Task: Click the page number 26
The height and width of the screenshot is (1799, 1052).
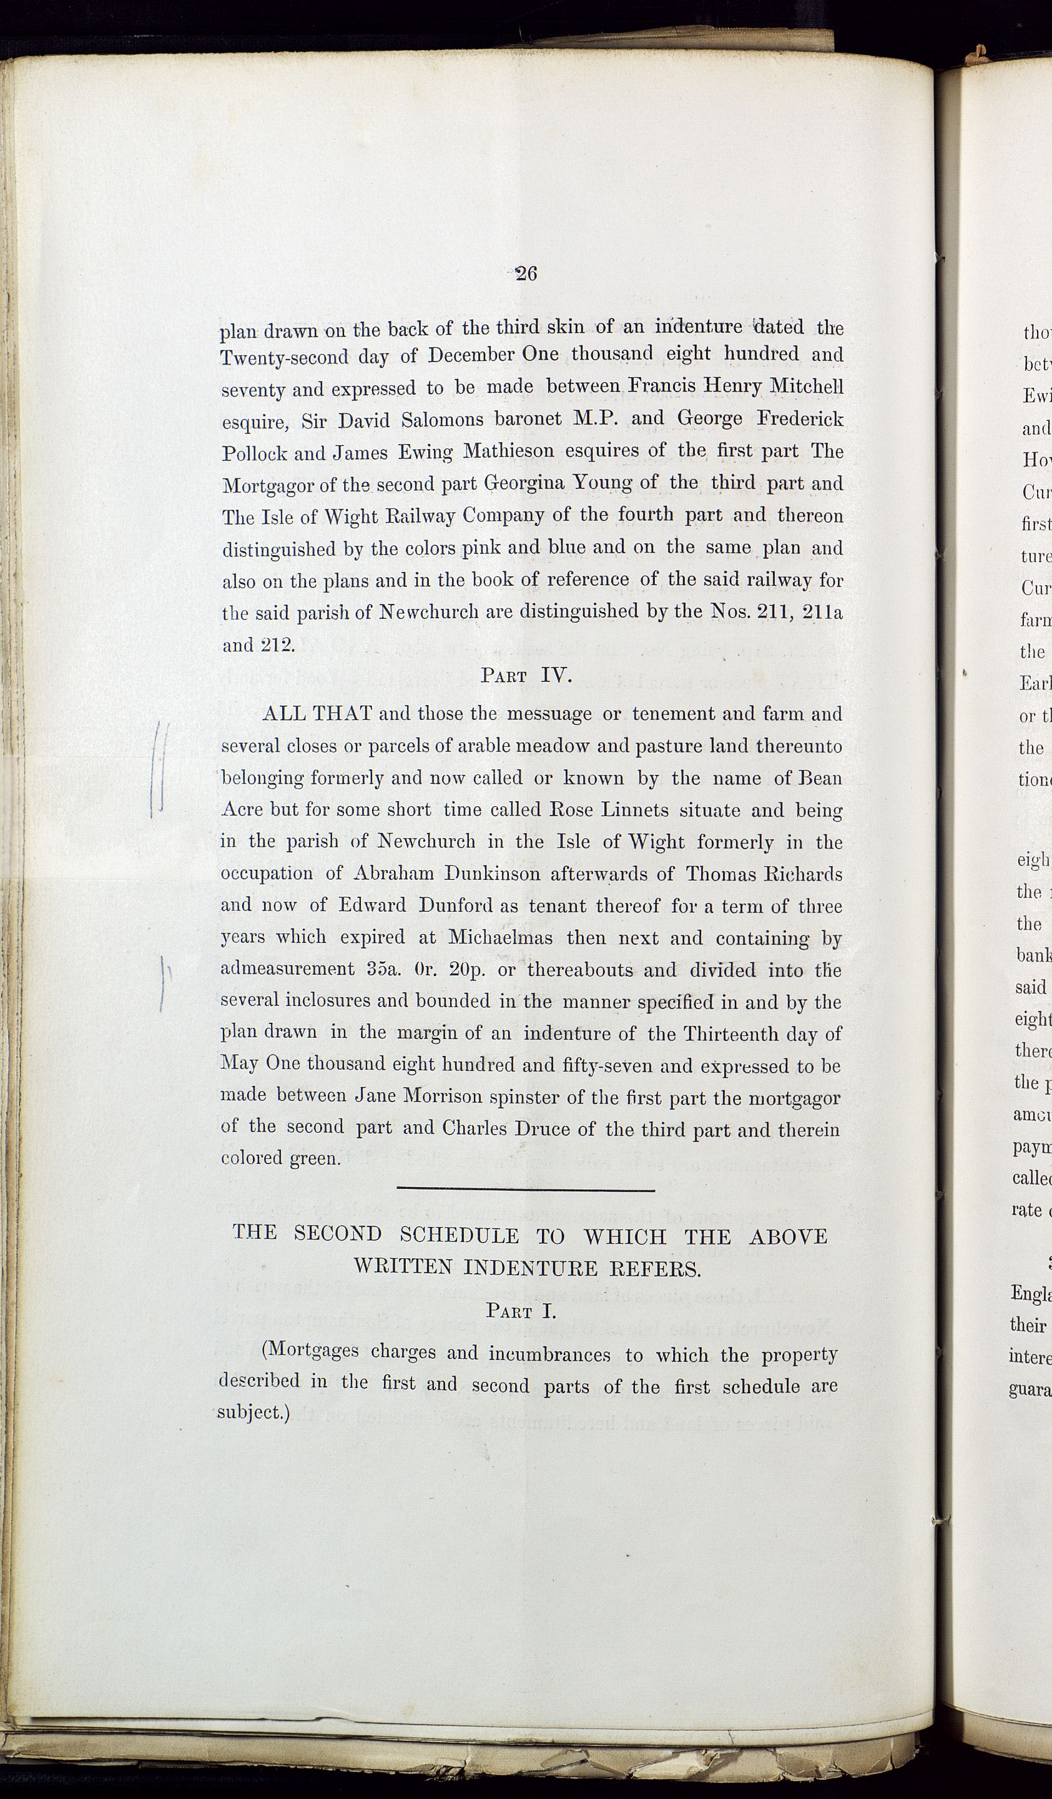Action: tap(526, 274)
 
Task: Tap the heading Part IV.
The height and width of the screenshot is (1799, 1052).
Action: tap(527, 676)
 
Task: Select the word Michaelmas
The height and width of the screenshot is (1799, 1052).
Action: tap(499, 937)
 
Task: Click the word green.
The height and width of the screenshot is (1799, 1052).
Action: tap(314, 1158)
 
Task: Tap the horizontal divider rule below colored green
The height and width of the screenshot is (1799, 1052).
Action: tap(524, 1190)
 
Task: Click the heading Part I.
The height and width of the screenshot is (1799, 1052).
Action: tap(520, 1311)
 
